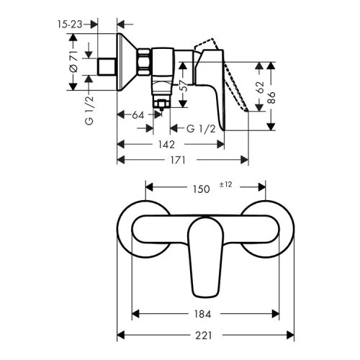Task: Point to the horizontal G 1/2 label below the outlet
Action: [x=200, y=128]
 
